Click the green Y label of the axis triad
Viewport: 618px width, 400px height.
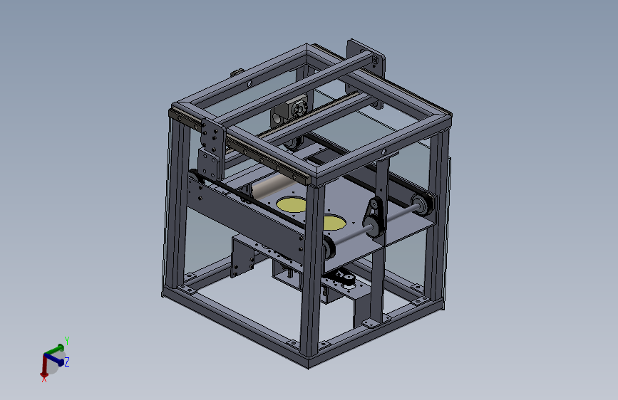click(x=66, y=341)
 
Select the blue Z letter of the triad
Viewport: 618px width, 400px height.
click(x=67, y=362)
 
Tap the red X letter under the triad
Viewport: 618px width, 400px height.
click(x=44, y=379)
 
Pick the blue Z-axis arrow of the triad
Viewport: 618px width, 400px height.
click(x=57, y=358)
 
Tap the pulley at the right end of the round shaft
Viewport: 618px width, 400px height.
click(x=421, y=206)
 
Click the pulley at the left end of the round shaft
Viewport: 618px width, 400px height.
click(x=329, y=249)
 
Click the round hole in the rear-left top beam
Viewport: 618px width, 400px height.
click(x=250, y=84)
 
